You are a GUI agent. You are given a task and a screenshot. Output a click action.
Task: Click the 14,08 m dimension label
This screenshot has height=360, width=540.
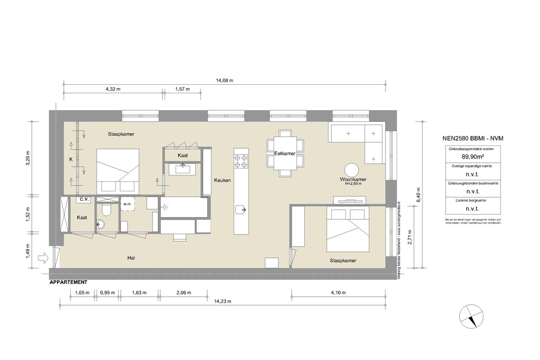pyautogui.click(x=224, y=80)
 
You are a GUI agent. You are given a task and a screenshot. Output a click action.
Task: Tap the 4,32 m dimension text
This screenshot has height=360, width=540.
pyautogui.click(x=113, y=89)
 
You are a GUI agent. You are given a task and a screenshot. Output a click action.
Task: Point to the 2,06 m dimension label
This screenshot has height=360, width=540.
pyautogui.click(x=182, y=293)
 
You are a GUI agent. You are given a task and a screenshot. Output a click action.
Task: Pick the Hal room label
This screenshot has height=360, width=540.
pyautogui.click(x=132, y=258)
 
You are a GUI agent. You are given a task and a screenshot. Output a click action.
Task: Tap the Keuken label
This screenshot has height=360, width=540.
pyautogui.click(x=222, y=180)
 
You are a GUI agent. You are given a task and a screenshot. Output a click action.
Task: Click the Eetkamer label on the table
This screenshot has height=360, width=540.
pyautogui.click(x=284, y=153)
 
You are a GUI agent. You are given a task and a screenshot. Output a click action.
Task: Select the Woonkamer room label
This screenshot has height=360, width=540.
pyautogui.click(x=353, y=180)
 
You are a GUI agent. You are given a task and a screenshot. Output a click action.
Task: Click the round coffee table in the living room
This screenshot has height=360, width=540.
pyautogui.click(x=352, y=169)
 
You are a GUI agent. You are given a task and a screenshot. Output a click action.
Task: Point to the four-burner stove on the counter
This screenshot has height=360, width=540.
pyautogui.click(x=241, y=161)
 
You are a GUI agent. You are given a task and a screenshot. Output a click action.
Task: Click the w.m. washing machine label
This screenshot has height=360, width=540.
pyautogui.click(x=127, y=203)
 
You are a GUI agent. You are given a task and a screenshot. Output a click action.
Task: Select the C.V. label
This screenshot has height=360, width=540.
pyautogui.click(x=83, y=199)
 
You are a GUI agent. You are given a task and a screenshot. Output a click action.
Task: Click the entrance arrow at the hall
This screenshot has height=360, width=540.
pyautogui.click(x=44, y=258)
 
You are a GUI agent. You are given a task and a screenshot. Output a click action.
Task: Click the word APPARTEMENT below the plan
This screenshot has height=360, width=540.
pyautogui.click(x=68, y=283)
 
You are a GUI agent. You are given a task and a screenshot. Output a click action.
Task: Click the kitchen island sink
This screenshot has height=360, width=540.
pyautogui.click(x=241, y=210)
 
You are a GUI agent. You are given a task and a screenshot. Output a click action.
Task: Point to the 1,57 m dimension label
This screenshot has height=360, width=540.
pyautogui.click(x=182, y=89)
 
